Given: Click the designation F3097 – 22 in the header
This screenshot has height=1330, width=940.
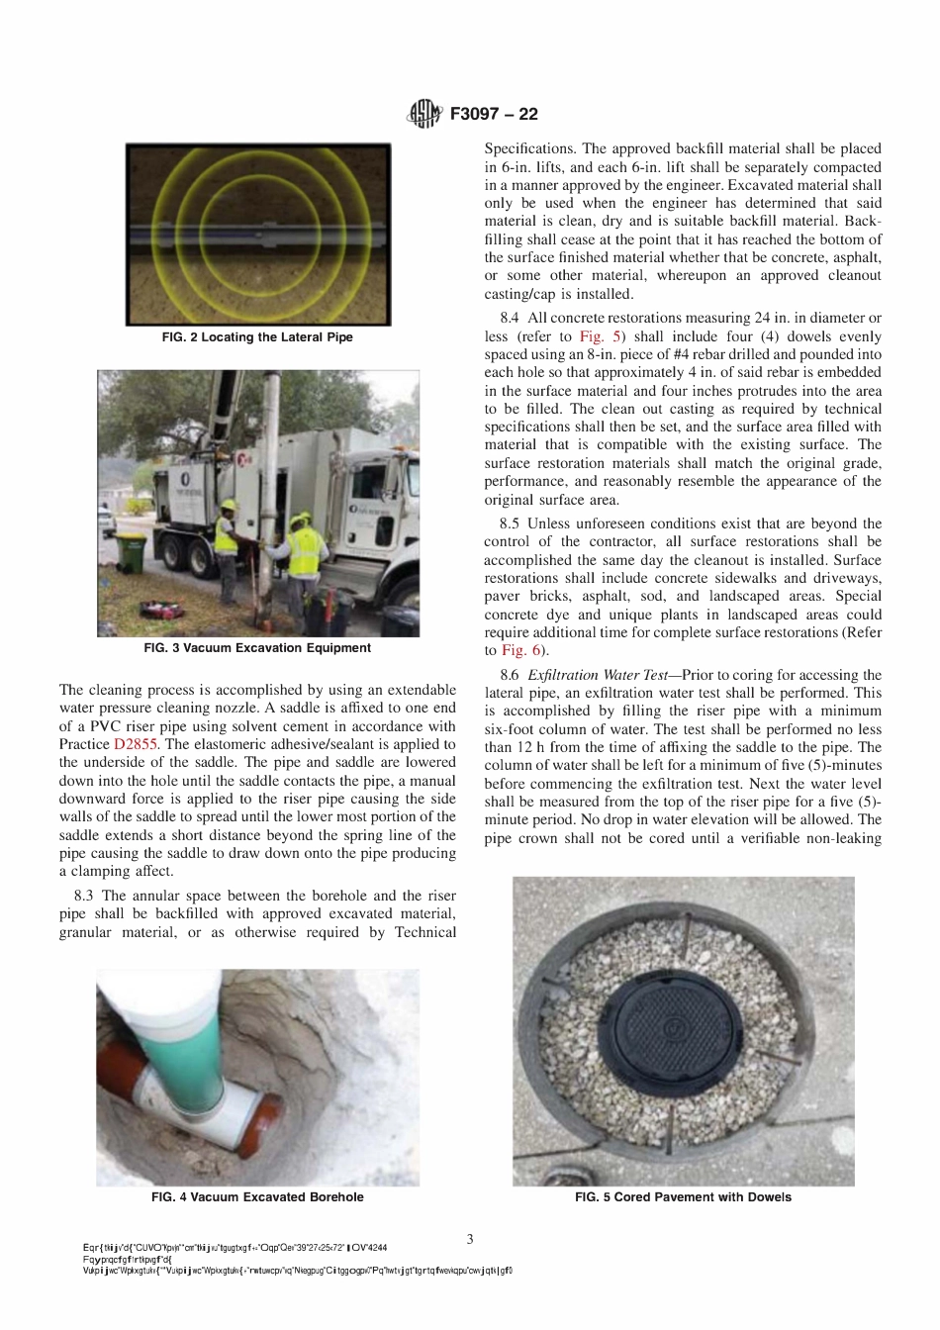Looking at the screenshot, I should pyautogui.click(x=494, y=114).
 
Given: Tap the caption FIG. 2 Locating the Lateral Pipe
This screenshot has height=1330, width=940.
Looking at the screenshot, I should pyautogui.click(x=257, y=337).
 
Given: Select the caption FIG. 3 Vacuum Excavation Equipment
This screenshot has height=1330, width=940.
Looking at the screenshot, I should pyautogui.click(x=257, y=648).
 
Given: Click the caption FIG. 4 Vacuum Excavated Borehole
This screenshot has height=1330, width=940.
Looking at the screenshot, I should pyautogui.click(x=257, y=1197).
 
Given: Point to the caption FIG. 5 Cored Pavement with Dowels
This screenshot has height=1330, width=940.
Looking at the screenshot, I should pyautogui.click(x=683, y=1197).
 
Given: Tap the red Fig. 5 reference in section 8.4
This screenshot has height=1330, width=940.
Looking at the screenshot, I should pyautogui.click(x=601, y=336).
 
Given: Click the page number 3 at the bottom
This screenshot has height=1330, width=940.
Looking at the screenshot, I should pyautogui.click(x=470, y=1239).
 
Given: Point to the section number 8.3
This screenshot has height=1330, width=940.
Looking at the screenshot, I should pyautogui.click(x=84, y=896).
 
